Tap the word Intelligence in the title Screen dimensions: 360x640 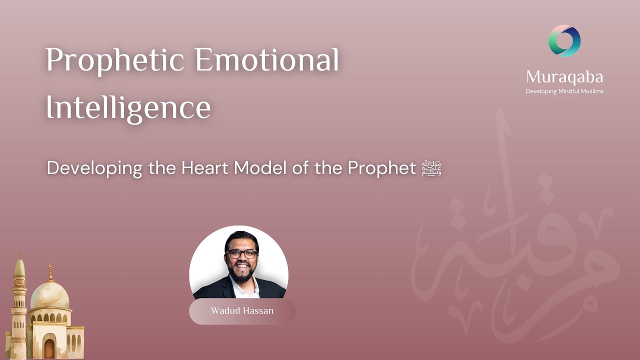(x=128, y=107)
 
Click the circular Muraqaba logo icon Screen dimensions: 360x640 (x=564, y=40)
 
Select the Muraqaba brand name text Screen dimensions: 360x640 (x=564, y=77)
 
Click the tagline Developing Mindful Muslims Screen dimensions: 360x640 (x=564, y=91)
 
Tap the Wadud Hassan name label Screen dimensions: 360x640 (x=242, y=311)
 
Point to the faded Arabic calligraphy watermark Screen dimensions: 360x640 (x=515, y=250)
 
